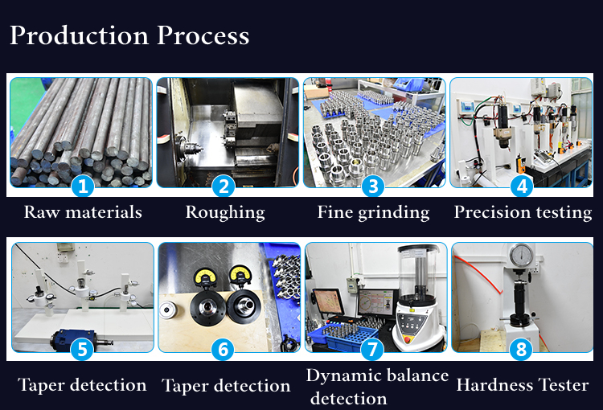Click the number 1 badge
[83, 187]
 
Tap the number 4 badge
[522, 187]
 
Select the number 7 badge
[372, 349]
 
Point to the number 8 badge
[521, 349]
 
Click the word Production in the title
[80, 35]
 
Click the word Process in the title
[203, 35]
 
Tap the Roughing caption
[225, 213]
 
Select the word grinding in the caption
[394, 213]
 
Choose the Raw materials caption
[83, 212]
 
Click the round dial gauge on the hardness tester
[521, 255]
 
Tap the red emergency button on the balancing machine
[408, 339]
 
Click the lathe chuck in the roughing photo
[187, 147]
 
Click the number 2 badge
[224, 187]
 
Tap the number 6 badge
[223, 349]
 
